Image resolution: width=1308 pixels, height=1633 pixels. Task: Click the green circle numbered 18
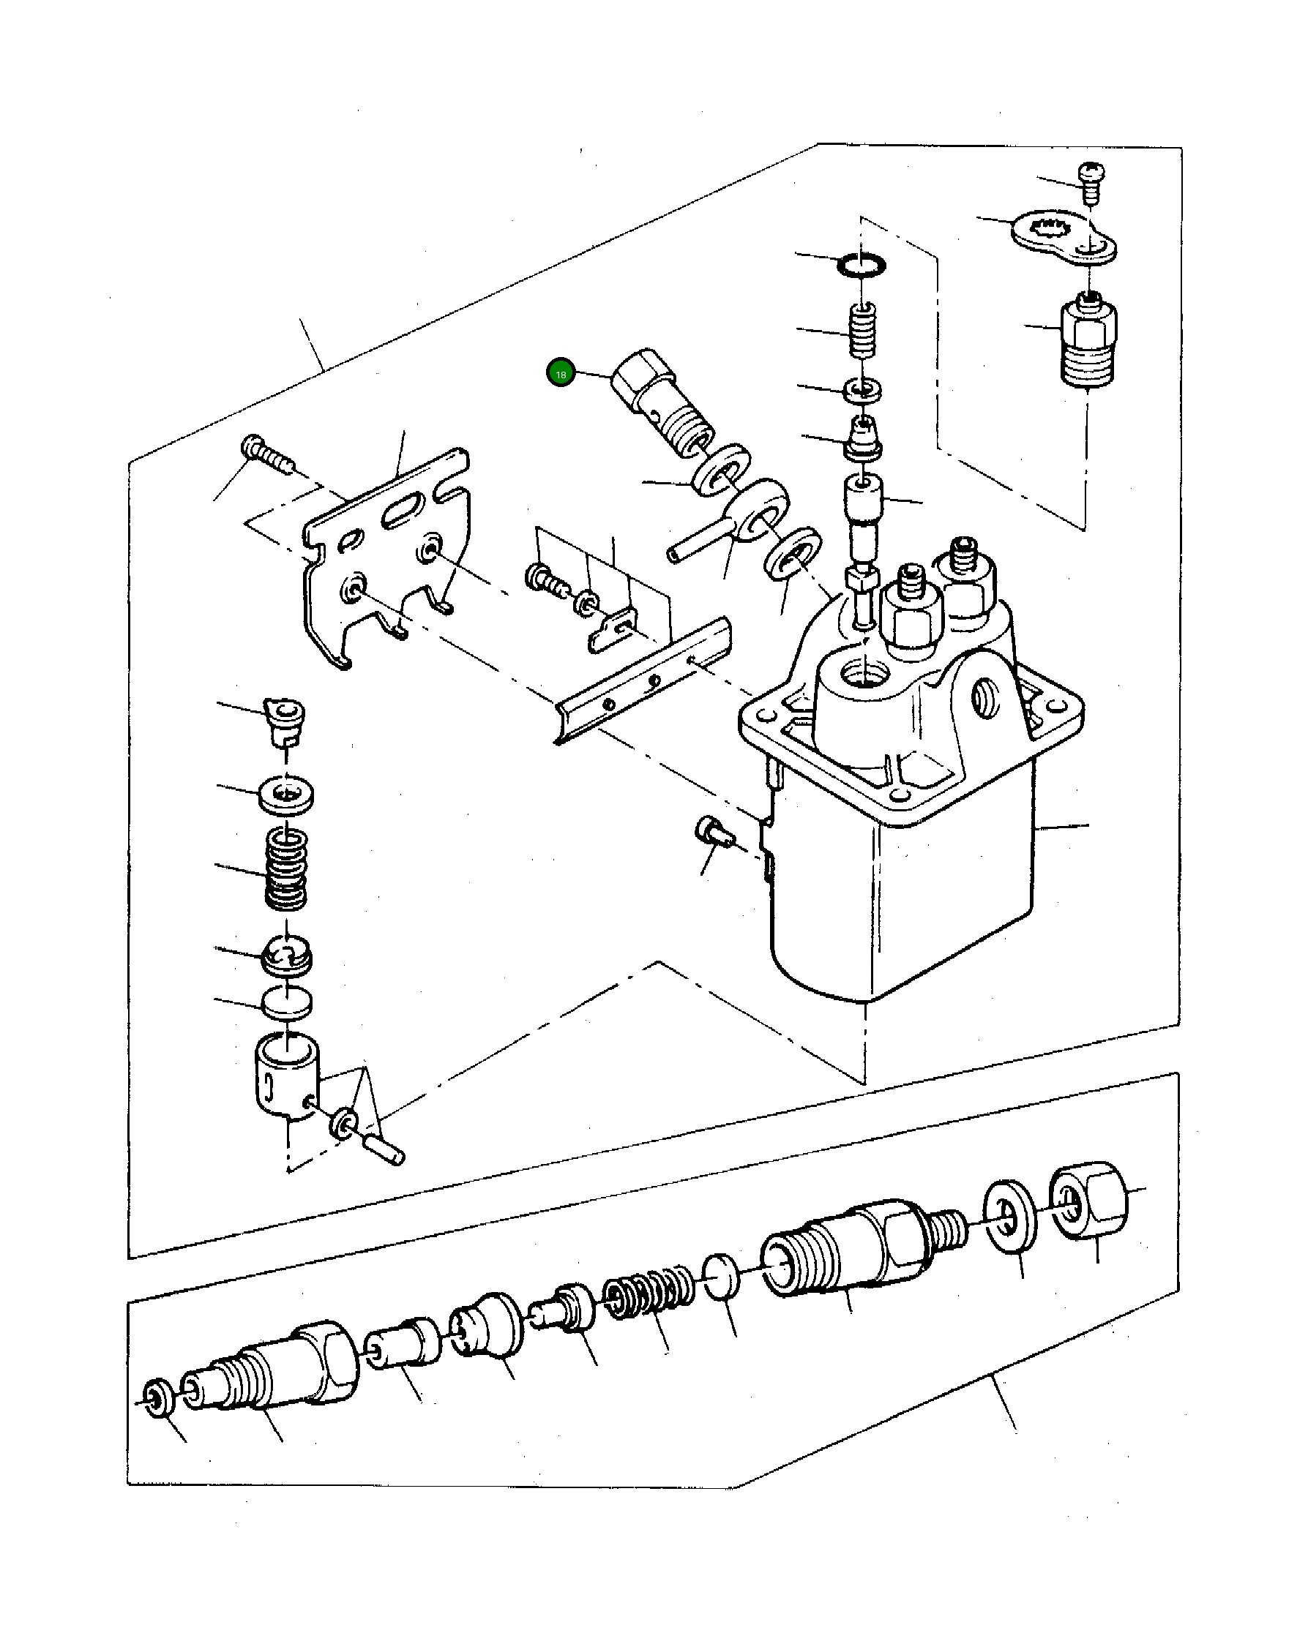[561, 373]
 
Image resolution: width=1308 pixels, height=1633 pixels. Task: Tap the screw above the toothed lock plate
[1091, 180]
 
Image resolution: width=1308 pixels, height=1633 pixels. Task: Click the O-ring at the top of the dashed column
[861, 265]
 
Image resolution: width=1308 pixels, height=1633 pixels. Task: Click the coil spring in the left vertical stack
[286, 868]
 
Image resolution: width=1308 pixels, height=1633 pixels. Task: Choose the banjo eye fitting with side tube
[747, 515]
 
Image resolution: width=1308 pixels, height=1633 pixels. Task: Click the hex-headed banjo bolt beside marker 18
[659, 402]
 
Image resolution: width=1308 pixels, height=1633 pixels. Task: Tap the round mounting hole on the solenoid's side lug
[987, 697]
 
